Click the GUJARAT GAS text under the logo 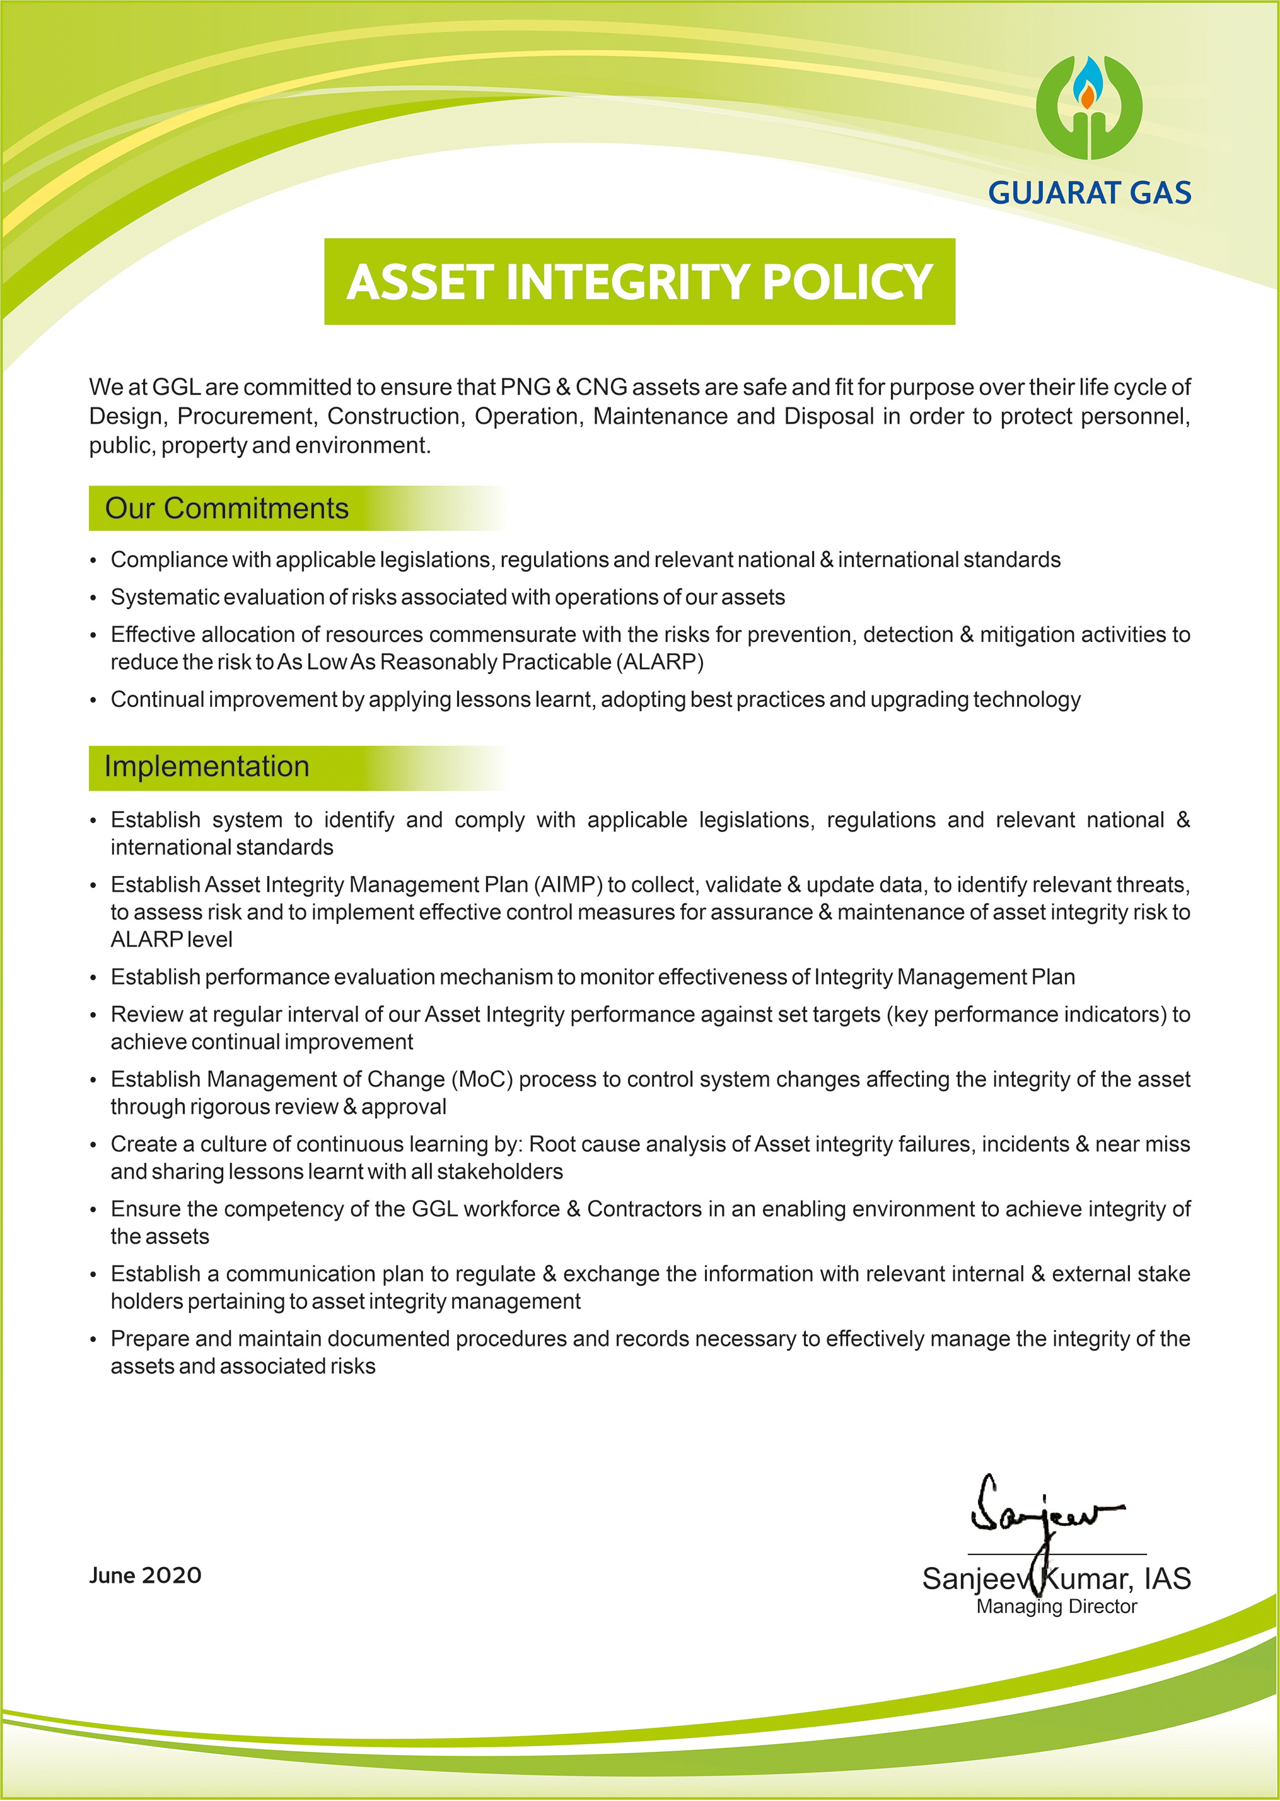pos(1090,193)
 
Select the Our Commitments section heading pos(226,508)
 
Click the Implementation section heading pos(207,767)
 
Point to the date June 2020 pos(145,1575)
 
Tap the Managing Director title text pos(1056,1606)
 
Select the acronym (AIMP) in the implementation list pos(568,885)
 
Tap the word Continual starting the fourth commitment pos(158,700)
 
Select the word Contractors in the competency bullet pos(644,1209)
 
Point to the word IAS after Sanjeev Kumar pos(1167,1579)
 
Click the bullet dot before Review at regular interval pos(93,1016)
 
